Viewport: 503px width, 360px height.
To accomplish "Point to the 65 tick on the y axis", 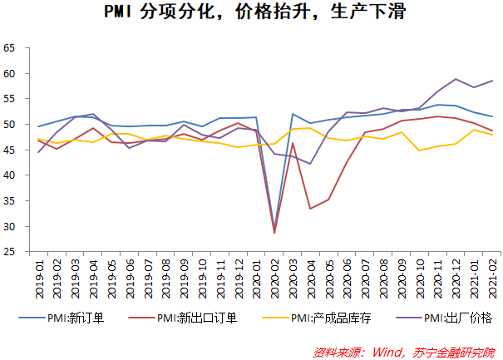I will pos(11,48).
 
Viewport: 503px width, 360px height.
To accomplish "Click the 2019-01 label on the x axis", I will pos(39,278).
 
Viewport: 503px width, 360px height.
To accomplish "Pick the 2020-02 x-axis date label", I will pos(274,278).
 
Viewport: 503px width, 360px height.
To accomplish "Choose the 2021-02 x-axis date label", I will pos(491,278).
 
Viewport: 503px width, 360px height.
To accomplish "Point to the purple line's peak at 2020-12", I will pos(456,79).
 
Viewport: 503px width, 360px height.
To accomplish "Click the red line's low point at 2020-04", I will pos(311,209).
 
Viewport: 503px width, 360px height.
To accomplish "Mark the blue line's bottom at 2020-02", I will pos(274,230).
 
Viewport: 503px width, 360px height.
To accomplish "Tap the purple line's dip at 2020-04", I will pos(311,164).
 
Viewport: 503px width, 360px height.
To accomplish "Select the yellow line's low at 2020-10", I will pos(419,150).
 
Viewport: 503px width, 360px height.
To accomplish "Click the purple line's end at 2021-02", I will pos(492,81).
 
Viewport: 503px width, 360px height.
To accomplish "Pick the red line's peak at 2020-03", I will pos(293,143).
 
